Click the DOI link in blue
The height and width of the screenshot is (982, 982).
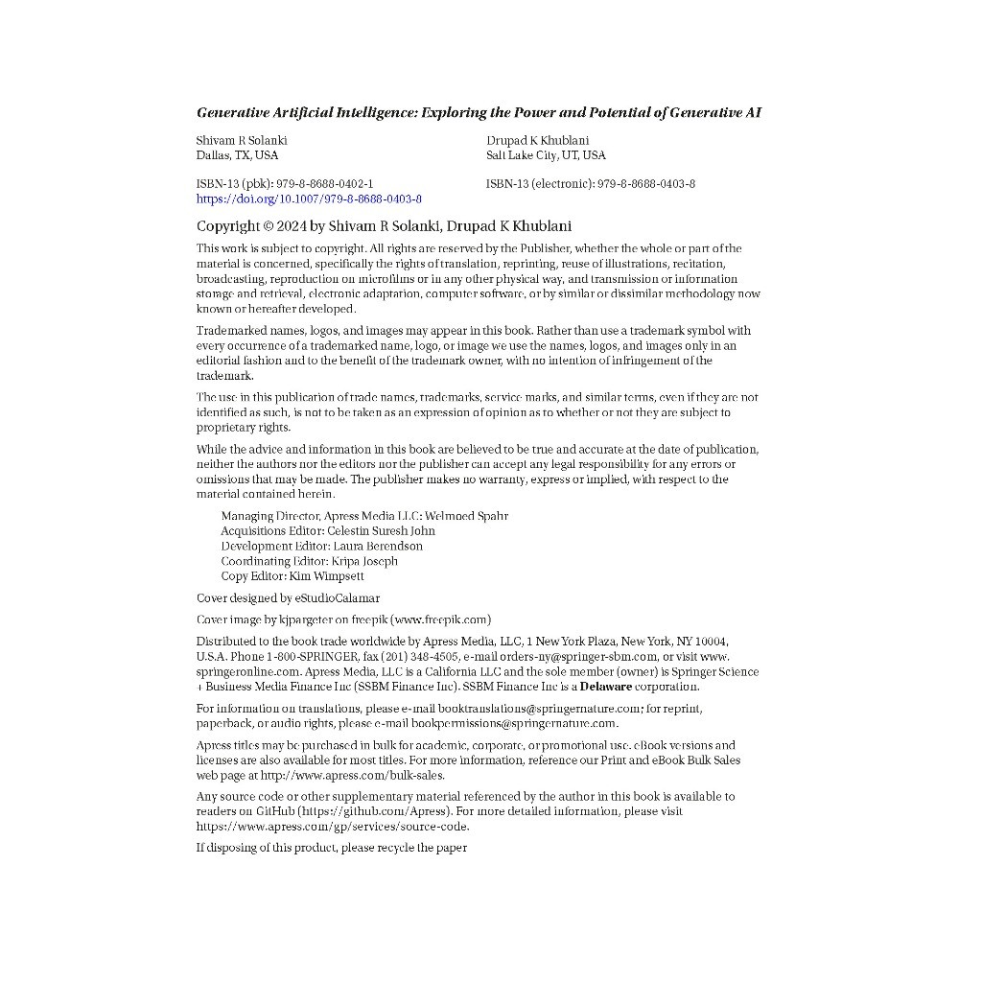click(309, 199)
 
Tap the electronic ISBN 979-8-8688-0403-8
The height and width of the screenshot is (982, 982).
click(646, 183)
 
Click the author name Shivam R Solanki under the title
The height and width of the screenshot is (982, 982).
click(242, 140)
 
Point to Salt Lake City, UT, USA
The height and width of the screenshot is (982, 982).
click(546, 155)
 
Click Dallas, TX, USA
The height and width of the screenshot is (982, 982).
click(237, 155)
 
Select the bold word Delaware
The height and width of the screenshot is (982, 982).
click(605, 687)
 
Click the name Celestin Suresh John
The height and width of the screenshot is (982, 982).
click(381, 530)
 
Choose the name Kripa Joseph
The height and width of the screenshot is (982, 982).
click(364, 561)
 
